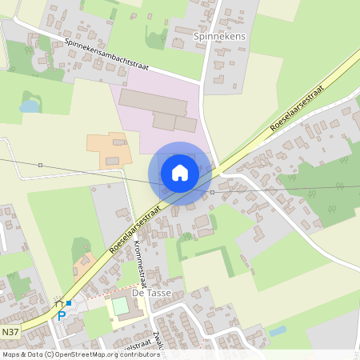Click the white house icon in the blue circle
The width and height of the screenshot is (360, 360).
pyautogui.click(x=180, y=173)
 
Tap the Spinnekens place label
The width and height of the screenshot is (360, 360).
pyautogui.click(x=218, y=37)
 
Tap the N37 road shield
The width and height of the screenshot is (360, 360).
pyautogui.click(x=10, y=332)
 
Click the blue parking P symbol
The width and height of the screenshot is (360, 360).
pyautogui.click(x=62, y=315)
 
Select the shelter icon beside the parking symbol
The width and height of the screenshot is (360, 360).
pyautogui.click(x=58, y=303)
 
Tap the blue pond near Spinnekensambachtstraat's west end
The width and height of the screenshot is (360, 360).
pyautogui.click(x=30, y=105)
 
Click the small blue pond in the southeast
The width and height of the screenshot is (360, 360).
pyautogui.click(x=278, y=330)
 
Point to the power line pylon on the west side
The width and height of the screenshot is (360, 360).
pyautogui.click(x=40, y=165)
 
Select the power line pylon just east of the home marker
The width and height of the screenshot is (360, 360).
pyautogui.click(x=212, y=192)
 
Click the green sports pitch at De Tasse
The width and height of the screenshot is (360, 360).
pyautogui.click(x=120, y=306)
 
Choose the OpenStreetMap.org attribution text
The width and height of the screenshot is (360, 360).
pyautogui.click(x=95, y=354)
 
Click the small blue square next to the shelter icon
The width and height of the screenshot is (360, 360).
pyautogui.click(x=69, y=303)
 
